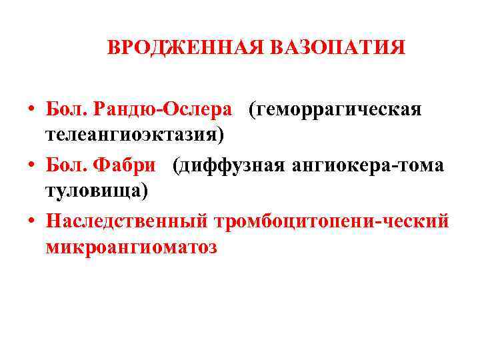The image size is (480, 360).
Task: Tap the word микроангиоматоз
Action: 132,247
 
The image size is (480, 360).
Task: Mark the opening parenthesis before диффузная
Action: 176,165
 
